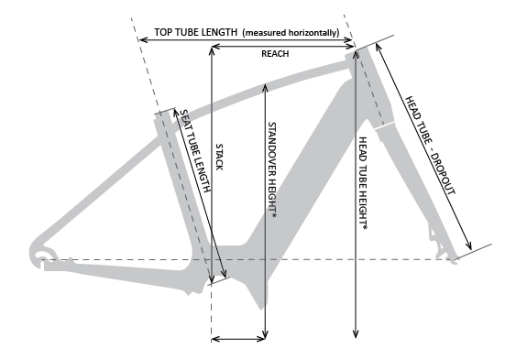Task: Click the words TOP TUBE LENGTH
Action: coord(196,32)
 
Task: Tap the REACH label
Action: coord(275,54)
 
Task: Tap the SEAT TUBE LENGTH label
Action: coord(195,151)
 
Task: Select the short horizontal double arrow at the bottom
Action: coord(238,340)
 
